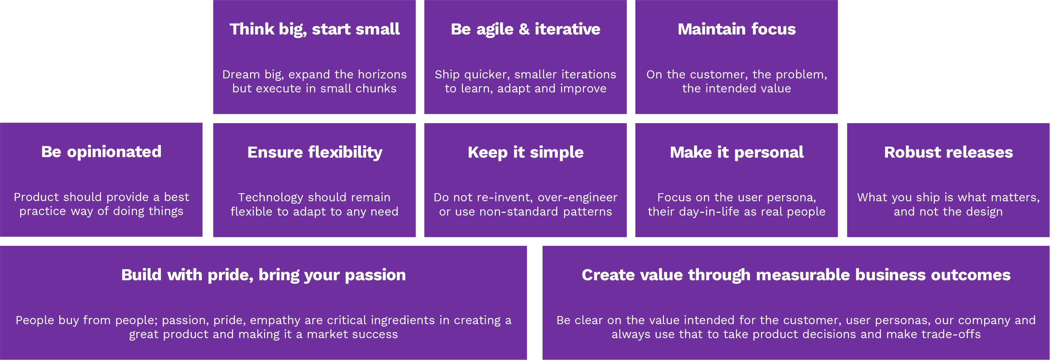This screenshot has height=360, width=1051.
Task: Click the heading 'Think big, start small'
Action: (x=314, y=29)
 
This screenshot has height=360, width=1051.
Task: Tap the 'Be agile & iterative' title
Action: (x=525, y=29)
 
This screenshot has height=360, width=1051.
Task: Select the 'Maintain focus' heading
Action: (x=737, y=29)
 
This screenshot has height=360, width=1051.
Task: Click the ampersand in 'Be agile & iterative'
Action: (x=524, y=29)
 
